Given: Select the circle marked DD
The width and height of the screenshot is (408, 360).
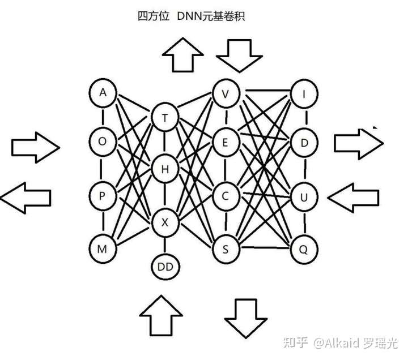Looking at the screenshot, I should tap(165, 265).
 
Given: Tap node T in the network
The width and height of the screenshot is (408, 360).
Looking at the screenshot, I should tap(165, 118).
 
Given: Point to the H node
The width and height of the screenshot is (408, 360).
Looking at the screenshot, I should tap(165, 169).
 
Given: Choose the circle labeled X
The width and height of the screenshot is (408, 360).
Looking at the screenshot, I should tap(165, 222).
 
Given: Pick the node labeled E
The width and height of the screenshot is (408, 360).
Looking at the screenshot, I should tap(226, 143).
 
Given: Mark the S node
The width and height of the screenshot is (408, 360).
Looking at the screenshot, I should tap(226, 247).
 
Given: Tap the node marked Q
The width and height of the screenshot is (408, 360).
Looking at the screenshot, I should tap(304, 247).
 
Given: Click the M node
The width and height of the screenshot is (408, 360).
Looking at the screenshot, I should tap(103, 247).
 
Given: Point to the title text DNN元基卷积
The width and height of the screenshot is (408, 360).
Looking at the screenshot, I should tap(210, 16).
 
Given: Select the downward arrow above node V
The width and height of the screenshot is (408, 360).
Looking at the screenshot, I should tap(239, 55).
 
